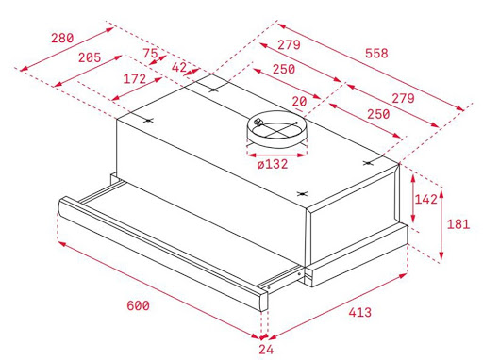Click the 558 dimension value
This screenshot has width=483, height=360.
pyautogui.click(x=376, y=53)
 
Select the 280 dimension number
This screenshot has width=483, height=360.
pyautogui.click(x=62, y=38)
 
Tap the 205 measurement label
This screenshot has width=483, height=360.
pyautogui.click(x=90, y=57)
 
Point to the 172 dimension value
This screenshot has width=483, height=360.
pyautogui.click(x=135, y=79)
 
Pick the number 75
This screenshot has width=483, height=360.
pyautogui.click(x=150, y=54)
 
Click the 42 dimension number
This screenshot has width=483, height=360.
pyautogui.click(x=179, y=67)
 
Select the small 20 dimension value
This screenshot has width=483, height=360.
pyautogui.click(x=299, y=102)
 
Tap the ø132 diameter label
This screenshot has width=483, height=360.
pyautogui.click(x=273, y=164)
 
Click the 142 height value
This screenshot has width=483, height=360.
pyautogui.click(x=426, y=199)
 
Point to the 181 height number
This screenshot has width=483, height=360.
pyautogui.click(x=458, y=224)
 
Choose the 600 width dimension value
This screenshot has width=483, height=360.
pyautogui.click(x=138, y=305)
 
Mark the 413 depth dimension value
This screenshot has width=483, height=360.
pyautogui.click(x=360, y=312)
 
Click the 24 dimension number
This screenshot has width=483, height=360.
pyautogui.click(x=266, y=350)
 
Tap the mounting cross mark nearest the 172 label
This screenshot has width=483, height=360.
pyautogui.click(x=148, y=120)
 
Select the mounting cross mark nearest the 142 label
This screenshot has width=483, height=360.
pyautogui.click(x=368, y=163)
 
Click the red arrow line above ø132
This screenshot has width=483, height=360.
pyautogui.click(x=276, y=155)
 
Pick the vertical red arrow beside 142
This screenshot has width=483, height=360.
pyautogui.click(x=413, y=199)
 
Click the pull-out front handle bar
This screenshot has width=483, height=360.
pyautogui.click(x=162, y=254)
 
